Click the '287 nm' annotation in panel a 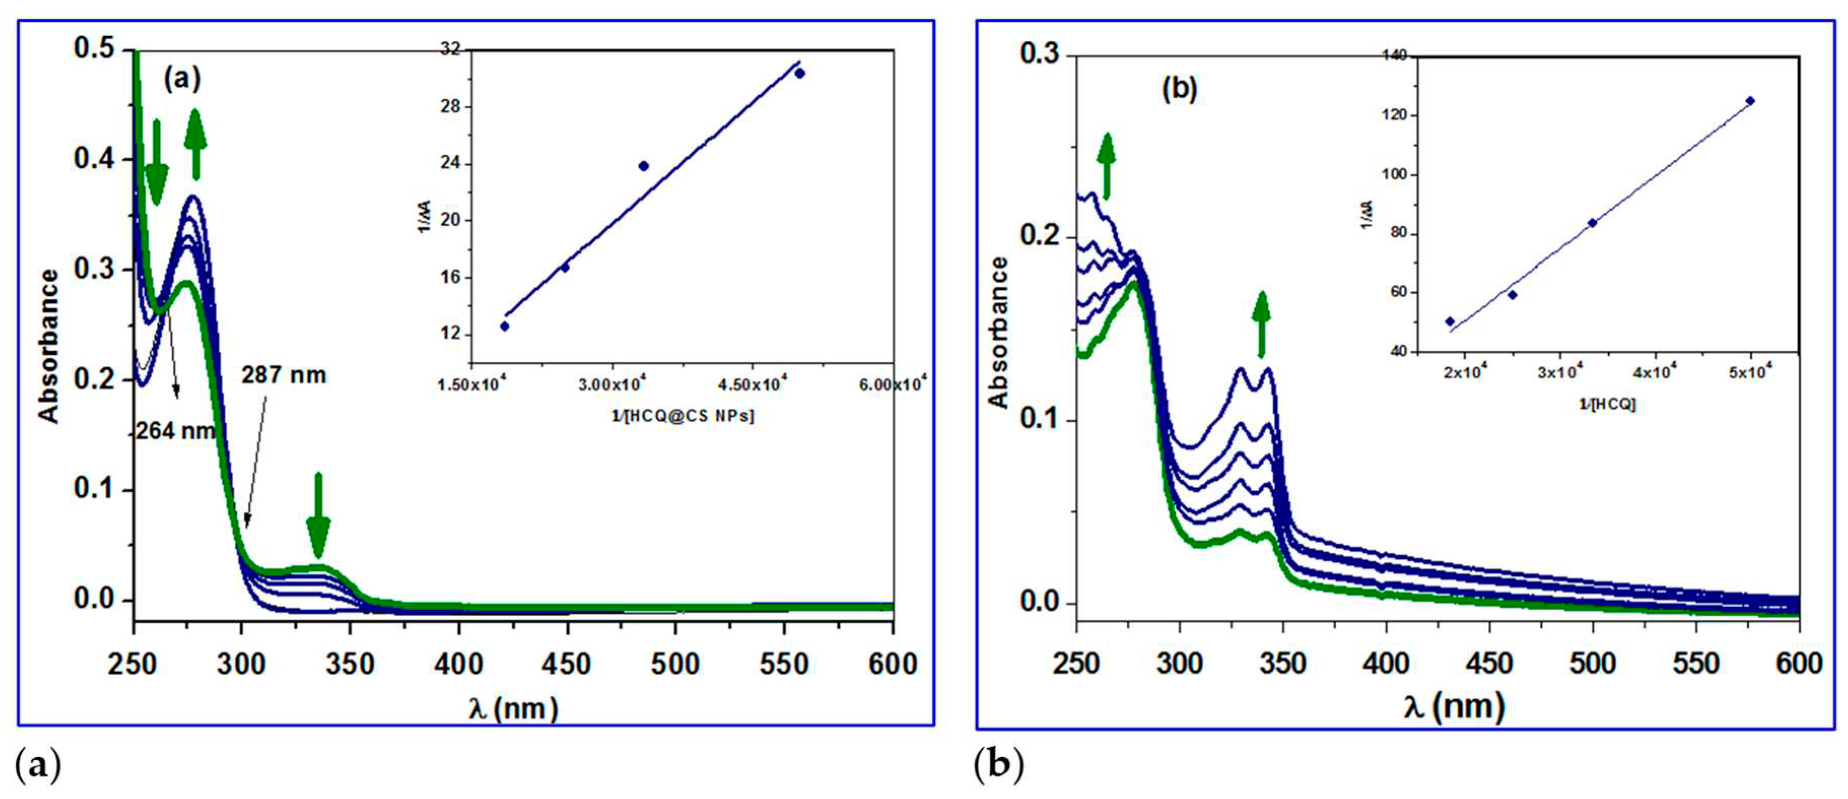pyautogui.click(x=284, y=375)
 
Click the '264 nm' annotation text pyautogui.click(x=175, y=431)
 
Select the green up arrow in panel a pyautogui.click(x=195, y=144)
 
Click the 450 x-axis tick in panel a pyautogui.click(x=567, y=664)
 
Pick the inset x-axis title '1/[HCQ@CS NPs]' pyautogui.click(x=682, y=416)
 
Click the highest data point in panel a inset pyautogui.click(x=800, y=73)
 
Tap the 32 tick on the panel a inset pyautogui.click(x=452, y=50)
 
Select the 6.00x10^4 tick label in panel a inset pyautogui.click(x=892, y=385)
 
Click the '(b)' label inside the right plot pyautogui.click(x=1179, y=89)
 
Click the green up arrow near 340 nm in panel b pyautogui.click(x=1261, y=324)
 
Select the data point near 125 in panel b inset pyautogui.click(x=1751, y=101)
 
